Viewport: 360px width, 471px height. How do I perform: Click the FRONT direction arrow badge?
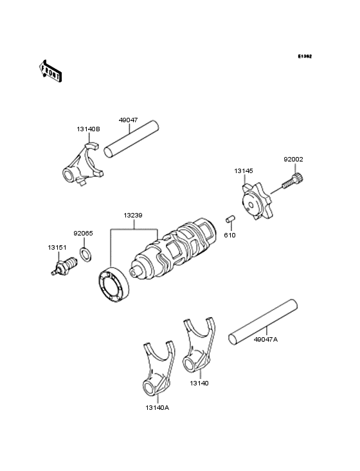[x=51, y=71]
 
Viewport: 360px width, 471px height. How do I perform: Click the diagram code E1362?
[x=304, y=57]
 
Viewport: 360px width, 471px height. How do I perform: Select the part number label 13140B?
[x=88, y=129]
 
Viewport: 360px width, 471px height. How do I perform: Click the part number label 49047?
[x=128, y=119]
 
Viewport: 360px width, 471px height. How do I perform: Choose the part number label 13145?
[x=243, y=171]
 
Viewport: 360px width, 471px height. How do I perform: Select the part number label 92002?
[x=293, y=158]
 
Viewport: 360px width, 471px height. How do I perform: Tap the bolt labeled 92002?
[x=292, y=183]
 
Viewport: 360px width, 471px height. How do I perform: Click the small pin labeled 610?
[x=228, y=222]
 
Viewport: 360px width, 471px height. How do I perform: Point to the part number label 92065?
[x=83, y=234]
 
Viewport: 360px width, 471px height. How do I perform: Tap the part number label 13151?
[x=56, y=247]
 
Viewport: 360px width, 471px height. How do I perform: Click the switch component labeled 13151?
[x=62, y=265]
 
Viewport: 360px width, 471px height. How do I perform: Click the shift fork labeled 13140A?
[x=156, y=369]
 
